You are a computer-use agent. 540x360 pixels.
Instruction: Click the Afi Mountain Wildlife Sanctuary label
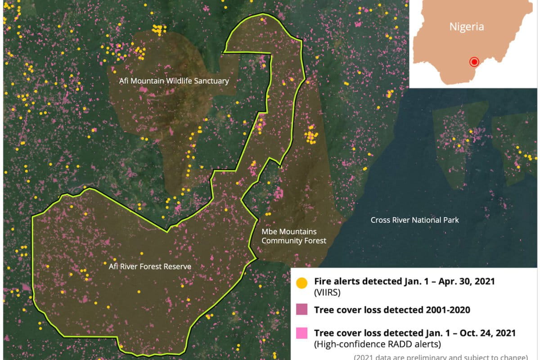174,81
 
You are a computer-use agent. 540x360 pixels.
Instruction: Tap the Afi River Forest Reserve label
150,266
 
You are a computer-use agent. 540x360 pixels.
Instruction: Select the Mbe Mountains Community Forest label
293,236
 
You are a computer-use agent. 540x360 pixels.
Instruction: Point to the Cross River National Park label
414,220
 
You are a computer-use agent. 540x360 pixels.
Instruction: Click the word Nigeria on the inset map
467,27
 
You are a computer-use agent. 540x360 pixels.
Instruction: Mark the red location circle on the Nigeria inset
473,62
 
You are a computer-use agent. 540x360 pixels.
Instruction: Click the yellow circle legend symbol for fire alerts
301,283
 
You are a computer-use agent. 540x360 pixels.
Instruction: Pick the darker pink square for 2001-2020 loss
301,310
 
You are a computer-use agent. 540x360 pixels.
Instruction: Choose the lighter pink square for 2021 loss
301,333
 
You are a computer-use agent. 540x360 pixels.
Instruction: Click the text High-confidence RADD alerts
377,344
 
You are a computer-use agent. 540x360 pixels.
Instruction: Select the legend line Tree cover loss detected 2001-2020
392,310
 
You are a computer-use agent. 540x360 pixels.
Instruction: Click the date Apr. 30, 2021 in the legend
468,281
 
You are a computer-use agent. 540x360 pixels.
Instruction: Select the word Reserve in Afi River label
177,266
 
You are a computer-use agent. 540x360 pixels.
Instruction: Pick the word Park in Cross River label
450,220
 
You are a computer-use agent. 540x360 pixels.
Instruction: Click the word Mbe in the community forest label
269,232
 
